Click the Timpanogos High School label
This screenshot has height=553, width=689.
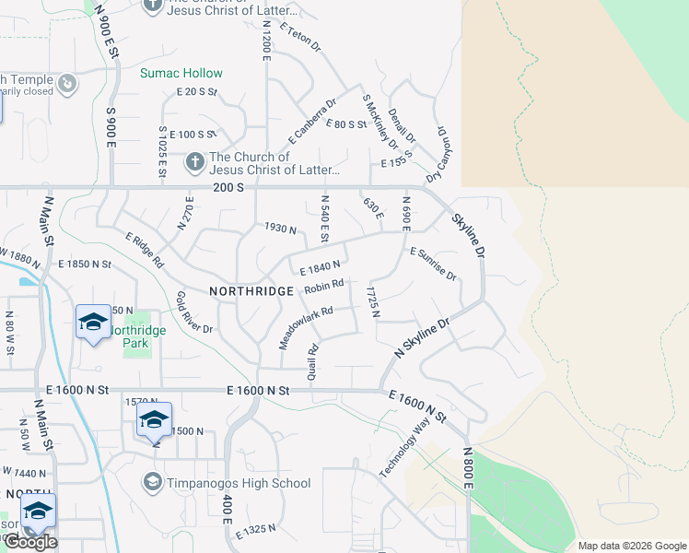pos(239,483)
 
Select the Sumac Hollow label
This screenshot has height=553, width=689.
pos(181,73)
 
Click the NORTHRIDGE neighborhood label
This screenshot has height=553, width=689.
pos(251,290)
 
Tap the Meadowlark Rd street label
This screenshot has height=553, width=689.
pos(305,327)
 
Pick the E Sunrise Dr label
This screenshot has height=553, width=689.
pos(433,264)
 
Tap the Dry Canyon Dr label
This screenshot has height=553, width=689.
pos(440,153)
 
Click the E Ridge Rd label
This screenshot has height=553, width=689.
pos(145,250)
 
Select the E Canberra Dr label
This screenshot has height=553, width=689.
pos(312,121)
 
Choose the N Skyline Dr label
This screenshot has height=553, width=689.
pos(421,338)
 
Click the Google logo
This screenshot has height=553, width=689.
pos(30,542)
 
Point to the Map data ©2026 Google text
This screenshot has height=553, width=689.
pos(631,546)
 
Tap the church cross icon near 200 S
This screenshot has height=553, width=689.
pos(194,162)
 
